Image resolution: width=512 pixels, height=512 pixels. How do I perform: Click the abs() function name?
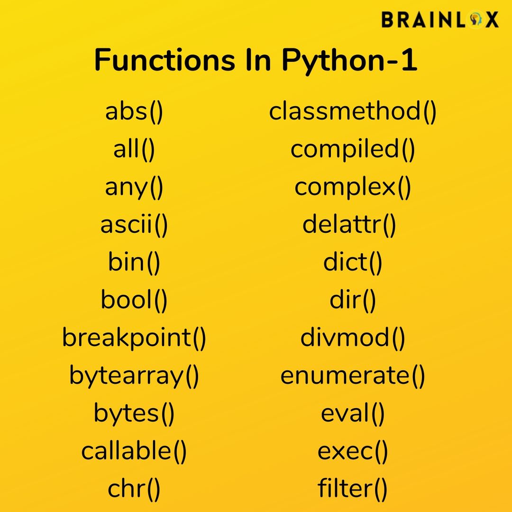tap(134, 112)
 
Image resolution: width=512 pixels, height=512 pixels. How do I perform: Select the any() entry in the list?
tap(134, 188)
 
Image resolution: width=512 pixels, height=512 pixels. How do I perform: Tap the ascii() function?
tap(134, 225)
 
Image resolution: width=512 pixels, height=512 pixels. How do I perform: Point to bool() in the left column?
tap(134, 300)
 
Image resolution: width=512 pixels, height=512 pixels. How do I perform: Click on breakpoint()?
tap(134, 338)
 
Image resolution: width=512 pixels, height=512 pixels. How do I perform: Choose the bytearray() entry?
tap(134, 376)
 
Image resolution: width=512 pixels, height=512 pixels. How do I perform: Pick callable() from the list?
tap(134, 451)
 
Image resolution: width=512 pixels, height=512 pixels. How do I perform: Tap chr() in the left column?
tap(134, 489)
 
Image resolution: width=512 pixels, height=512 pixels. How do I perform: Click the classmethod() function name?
tap(353, 112)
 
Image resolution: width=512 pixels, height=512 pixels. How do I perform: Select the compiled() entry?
tap(353, 150)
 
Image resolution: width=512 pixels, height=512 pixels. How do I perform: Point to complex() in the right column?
tap(353, 188)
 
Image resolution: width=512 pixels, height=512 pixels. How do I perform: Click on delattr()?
tap(349, 225)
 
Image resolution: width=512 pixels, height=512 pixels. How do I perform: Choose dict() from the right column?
tap(353, 263)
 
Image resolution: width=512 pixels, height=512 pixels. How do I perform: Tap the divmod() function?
tap(353, 338)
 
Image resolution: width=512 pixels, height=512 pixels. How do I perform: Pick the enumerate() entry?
tap(353, 376)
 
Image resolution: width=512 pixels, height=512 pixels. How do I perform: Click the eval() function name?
tap(353, 413)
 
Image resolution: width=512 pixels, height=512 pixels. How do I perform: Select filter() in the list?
tap(353, 489)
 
